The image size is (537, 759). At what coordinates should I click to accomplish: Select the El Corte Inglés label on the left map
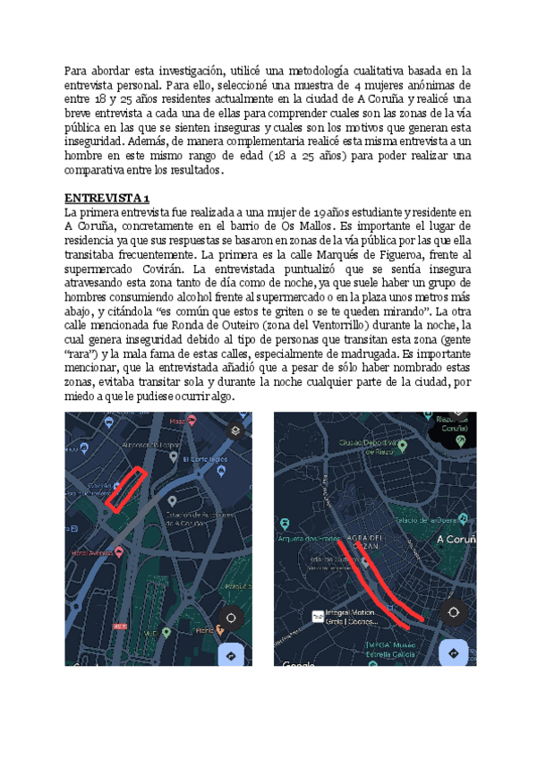pos(205,459)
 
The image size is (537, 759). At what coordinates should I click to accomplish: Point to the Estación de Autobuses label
pos(203,516)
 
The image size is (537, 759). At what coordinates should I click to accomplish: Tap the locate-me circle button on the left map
pos(232,618)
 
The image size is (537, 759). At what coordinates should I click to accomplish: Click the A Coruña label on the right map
pos(458,539)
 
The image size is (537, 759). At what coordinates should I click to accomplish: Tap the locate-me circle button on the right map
pos(454,612)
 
